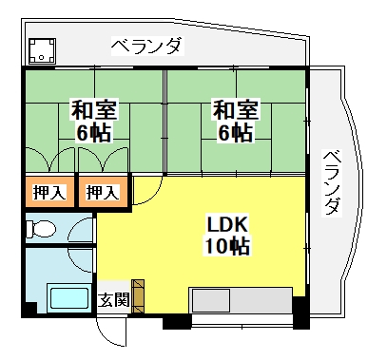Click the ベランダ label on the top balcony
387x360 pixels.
[x=147, y=47]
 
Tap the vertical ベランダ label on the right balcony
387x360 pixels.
[x=332, y=183]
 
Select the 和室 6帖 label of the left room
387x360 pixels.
[x=94, y=120]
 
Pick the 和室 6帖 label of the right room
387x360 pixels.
[x=236, y=120]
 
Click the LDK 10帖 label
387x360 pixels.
[x=227, y=235]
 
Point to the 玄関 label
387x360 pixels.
[x=113, y=299]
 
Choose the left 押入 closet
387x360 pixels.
[x=49, y=192]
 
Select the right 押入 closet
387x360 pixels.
[x=103, y=192]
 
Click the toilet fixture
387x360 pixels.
[x=41, y=228]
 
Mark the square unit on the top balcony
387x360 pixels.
[x=42, y=51]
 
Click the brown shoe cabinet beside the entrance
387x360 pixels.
[x=138, y=296]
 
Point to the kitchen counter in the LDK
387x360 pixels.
[x=241, y=300]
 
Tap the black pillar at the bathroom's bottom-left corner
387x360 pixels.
[x=29, y=310]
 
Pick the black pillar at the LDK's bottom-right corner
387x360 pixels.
[x=300, y=313]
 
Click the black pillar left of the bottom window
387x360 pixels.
[x=177, y=321]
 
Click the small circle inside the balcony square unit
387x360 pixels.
[x=41, y=57]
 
